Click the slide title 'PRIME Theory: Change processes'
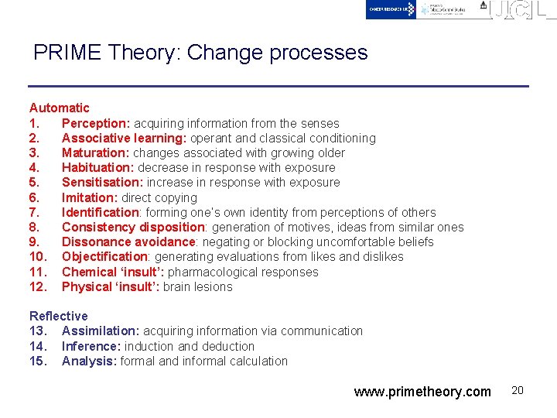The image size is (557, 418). (x=200, y=53)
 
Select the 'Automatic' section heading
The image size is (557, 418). (x=60, y=108)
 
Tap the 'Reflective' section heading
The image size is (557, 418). (x=59, y=316)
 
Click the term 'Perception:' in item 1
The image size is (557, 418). (x=96, y=123)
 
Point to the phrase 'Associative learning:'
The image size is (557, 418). (x=124, y=138)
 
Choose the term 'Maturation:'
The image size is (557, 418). (x=96, y=152)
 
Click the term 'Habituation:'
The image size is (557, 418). (x=98, y=167)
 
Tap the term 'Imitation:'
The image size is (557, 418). (x=91, y=197)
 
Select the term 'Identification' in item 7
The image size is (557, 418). (x=100, y=212)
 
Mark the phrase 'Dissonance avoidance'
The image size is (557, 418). (x=128, y=242)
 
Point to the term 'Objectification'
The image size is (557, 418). (x=104, y=256)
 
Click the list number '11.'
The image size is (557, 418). (x=39, y=272)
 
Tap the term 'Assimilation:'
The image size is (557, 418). (x=101, y=331)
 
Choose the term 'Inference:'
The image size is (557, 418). (x=91, y=346)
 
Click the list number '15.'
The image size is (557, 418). (x=39, y=361)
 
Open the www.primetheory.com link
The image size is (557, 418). (x=422, y=392)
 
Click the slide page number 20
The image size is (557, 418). (x=518, y=390)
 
